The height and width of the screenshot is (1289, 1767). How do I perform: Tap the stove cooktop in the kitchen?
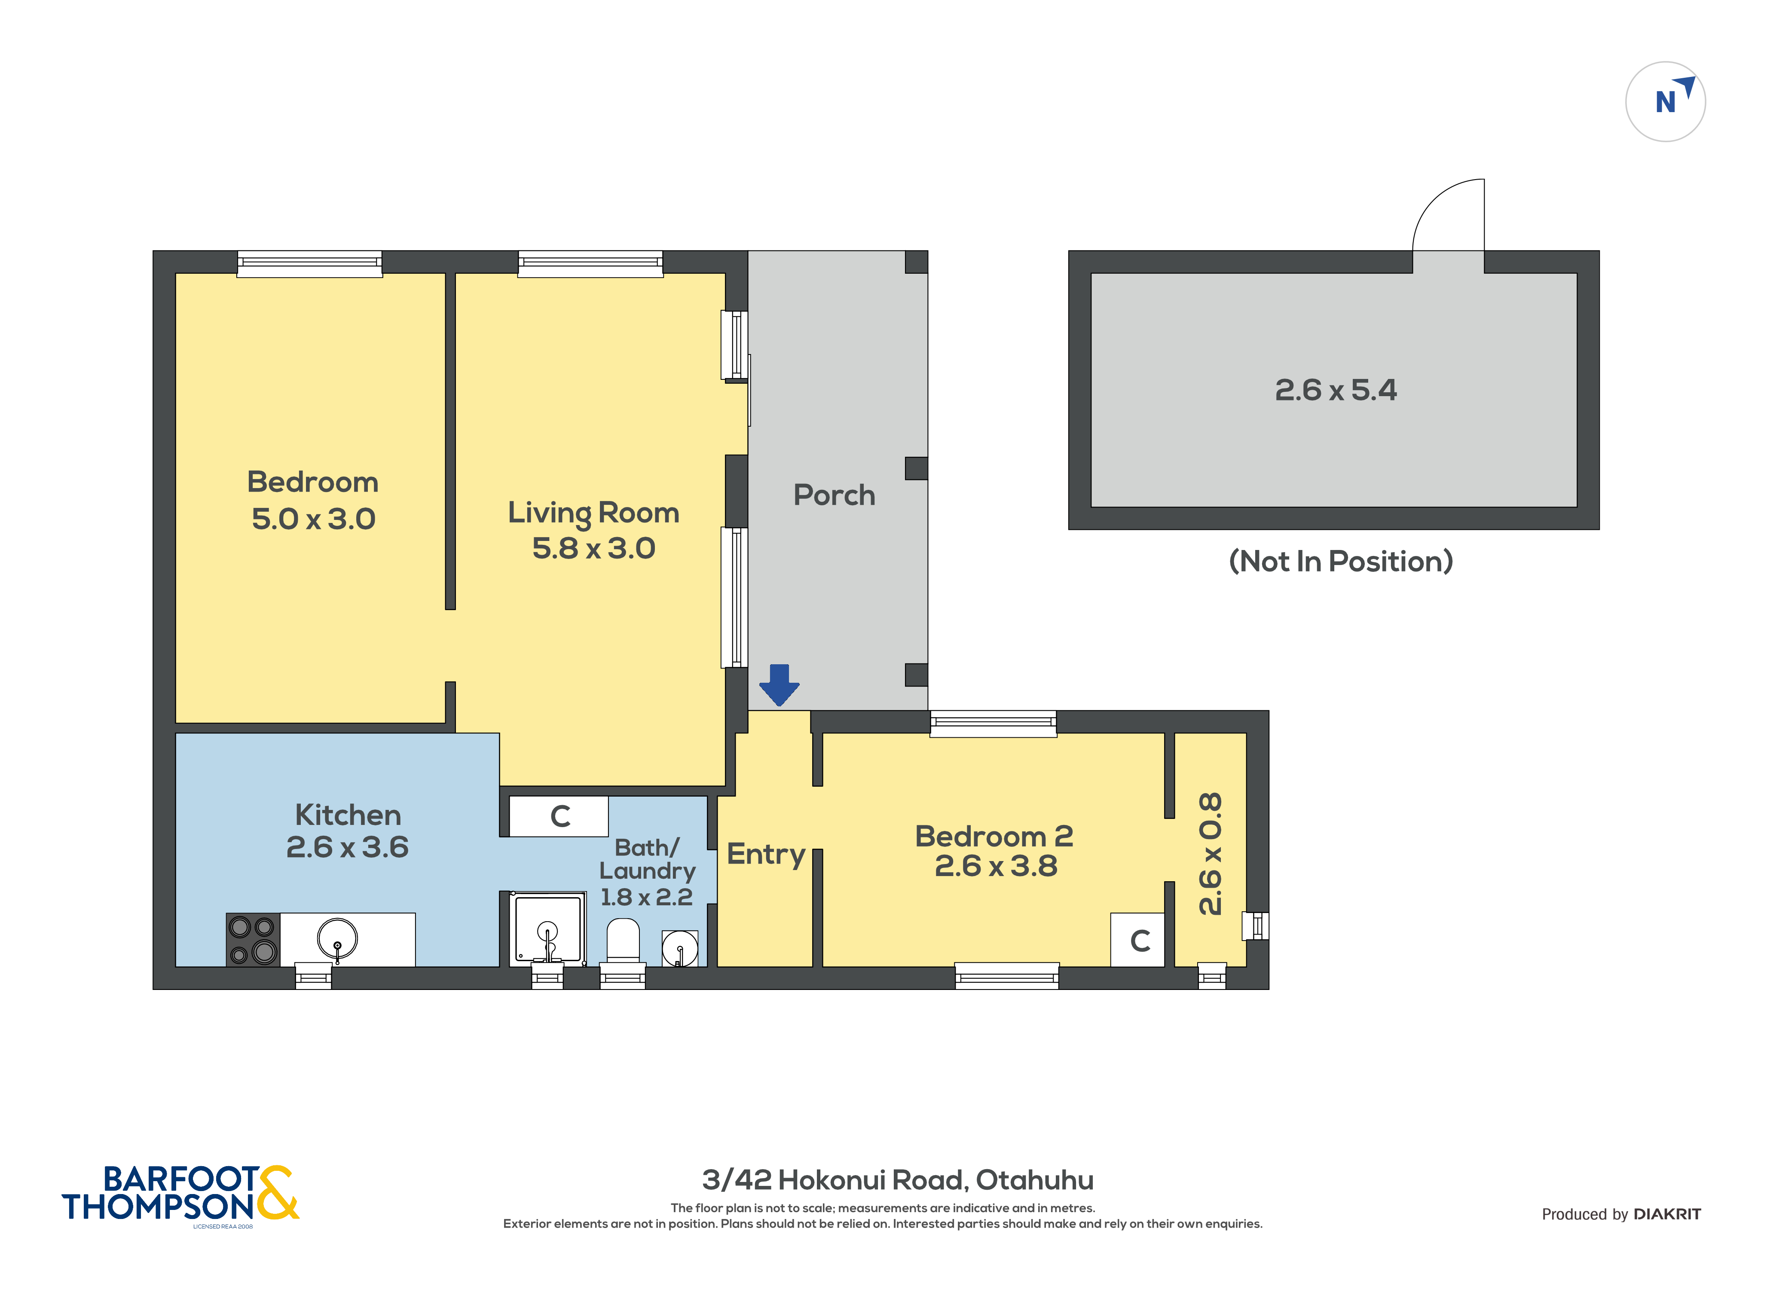click(252, 939)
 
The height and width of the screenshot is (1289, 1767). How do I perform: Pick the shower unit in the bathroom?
click(547, 929)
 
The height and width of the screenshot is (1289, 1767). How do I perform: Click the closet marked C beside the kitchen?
click(559, 816)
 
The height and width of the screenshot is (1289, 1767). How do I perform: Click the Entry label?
click(765, 854)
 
